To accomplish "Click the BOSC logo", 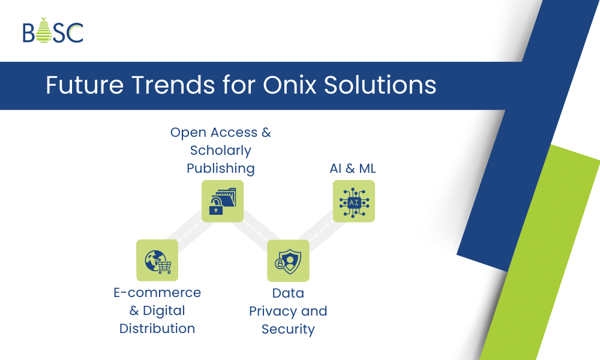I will pyautogui.click(x=53, y=31).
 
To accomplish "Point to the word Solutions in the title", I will pyautogui.click(x=380, y=85).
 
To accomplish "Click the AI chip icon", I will pyautogui.click(x=354, y=201).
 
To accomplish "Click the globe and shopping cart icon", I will pyautogui.click(x=157, y=260).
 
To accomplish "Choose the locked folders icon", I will pyautogui.click(x=223, y=201).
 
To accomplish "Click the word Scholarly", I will pyautogui.click(x=221, y=151).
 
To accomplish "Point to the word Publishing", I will pyautogui.click(x=221, y=169).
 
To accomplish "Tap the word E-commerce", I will pyautogui.click(x=157, y=293).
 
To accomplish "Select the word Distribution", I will pyautogui.click(x=157, y=329).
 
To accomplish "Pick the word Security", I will pyautogui.click(x=288, y=329).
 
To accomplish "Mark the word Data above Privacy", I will pyautogui.click(x=288, y=293).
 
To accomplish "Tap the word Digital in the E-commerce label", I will pyautogui.click(x=164, y=311).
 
